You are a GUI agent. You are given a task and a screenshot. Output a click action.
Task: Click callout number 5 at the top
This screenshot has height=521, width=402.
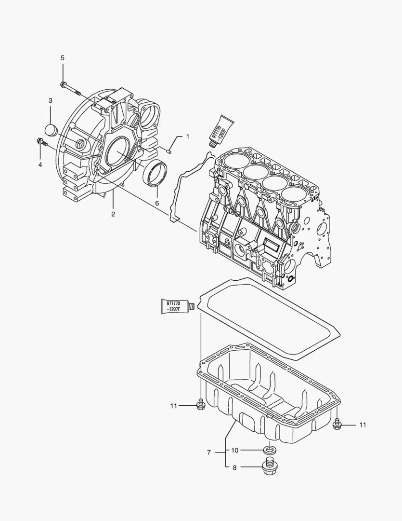62,58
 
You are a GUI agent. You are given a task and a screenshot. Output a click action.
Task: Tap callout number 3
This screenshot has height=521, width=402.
50,100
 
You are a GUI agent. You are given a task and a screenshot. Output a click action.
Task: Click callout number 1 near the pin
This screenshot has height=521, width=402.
187,137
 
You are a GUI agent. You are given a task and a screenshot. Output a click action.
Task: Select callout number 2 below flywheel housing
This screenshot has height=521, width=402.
113,214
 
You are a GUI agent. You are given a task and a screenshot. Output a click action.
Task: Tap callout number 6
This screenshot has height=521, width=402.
157,204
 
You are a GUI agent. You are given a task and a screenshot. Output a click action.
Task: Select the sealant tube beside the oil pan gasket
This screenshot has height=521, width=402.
176,306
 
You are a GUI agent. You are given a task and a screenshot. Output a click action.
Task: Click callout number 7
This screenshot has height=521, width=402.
209,452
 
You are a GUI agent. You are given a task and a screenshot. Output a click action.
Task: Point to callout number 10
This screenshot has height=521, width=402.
235,451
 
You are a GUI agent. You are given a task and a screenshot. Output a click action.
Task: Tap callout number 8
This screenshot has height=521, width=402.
235,467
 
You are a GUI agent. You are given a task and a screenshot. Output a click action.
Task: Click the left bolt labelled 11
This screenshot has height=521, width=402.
201,405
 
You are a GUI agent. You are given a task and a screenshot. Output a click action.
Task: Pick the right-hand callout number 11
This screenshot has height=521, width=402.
363,425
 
